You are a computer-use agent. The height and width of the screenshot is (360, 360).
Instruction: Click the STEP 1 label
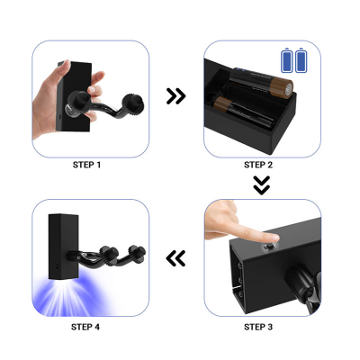[86, 165]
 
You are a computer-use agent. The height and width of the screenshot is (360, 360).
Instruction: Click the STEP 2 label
[258, 165]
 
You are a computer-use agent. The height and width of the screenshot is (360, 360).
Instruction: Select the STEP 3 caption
[258, 327]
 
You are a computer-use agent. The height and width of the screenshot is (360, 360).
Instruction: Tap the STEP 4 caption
[85, 327]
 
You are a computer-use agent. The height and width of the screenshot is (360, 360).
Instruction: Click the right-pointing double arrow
[176, 96]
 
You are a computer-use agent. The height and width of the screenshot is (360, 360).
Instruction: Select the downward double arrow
[262, 185]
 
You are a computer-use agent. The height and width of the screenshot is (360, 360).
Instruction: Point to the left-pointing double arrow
[175, 258]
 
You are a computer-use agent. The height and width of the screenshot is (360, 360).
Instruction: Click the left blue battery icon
[286, 60]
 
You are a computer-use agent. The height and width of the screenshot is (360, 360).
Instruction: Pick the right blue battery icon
[301, 60]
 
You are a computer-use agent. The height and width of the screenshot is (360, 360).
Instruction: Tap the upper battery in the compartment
[261, 82]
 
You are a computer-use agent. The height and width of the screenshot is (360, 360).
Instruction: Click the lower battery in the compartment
[243, 112]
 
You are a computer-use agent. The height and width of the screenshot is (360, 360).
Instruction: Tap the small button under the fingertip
[268, 247]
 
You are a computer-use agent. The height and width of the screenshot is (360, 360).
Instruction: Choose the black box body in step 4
[64, 247]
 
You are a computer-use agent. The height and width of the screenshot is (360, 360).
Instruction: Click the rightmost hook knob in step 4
[137, 252]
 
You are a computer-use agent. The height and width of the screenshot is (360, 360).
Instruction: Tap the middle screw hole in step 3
[241, 280]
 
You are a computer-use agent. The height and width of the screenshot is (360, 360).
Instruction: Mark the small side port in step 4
[57, 265]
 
